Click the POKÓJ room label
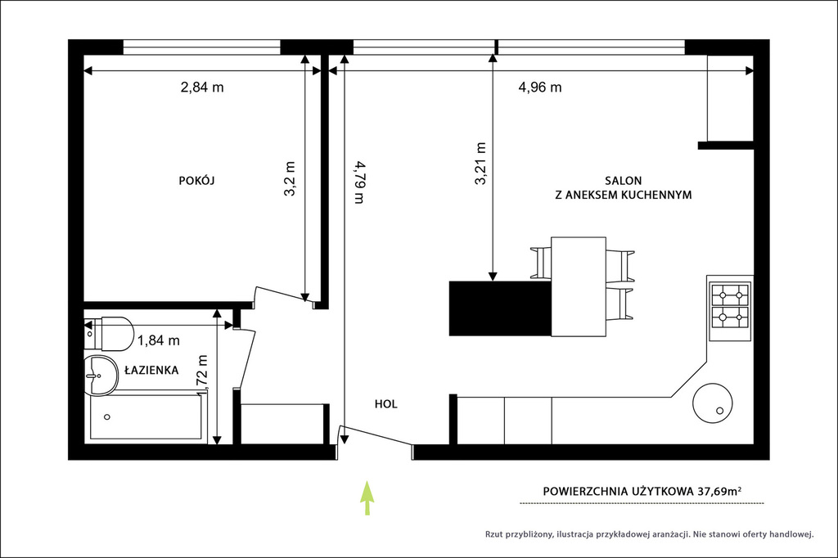[x=196, y=181]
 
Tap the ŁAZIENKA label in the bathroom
[x=151, y=370]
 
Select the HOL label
[x=386, y=404]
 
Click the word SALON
[x=623, y=181]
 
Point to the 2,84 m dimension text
[x=202, y=87]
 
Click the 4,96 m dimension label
[x=540, y=87]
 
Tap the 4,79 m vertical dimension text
[x=358, y=182]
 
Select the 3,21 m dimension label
[x=480, y=164]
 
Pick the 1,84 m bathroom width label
[x=158, y=340]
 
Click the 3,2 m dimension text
[x=289, y=179]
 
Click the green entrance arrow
[x=367, y=497]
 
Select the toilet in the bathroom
[x=109, y=334]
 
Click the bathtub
[x=146, y=416]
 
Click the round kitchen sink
[x=713, y=403]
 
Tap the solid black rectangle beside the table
[x=500, y=308]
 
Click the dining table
[x=579, y=286]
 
